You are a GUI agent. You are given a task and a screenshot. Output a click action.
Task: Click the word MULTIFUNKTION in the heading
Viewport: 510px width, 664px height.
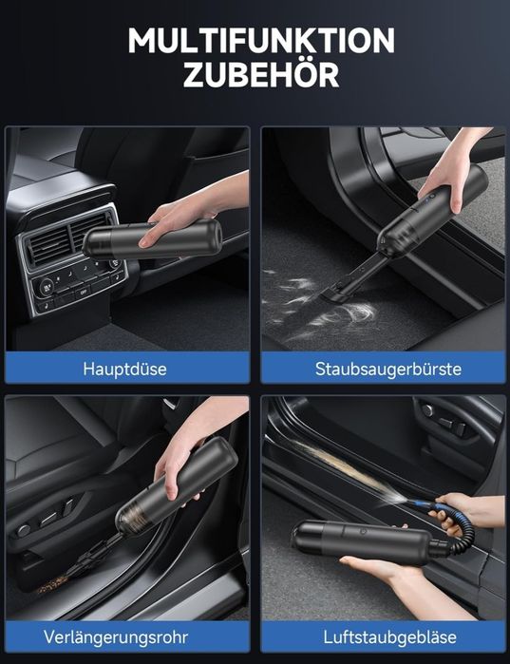coord(261,40)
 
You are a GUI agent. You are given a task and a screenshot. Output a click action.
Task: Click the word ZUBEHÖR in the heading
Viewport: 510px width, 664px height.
coord(261,74)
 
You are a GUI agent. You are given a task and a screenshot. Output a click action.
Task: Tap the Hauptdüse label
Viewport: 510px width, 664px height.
coord(124,369)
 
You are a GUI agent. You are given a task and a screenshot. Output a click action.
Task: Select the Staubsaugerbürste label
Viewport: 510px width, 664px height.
coord(388,369)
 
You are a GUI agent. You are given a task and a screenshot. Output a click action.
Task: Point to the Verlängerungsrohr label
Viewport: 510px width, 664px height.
coord(116,636)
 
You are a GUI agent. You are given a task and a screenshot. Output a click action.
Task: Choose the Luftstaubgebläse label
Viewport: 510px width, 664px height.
coord(389,636)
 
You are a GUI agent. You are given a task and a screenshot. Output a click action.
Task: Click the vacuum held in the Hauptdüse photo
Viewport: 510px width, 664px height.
coord(152,239)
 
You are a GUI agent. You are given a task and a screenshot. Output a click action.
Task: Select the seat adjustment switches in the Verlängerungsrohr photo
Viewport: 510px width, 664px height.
coord(47,518)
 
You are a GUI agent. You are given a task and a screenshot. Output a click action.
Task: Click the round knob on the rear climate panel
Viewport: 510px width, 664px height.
coord(46,287)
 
